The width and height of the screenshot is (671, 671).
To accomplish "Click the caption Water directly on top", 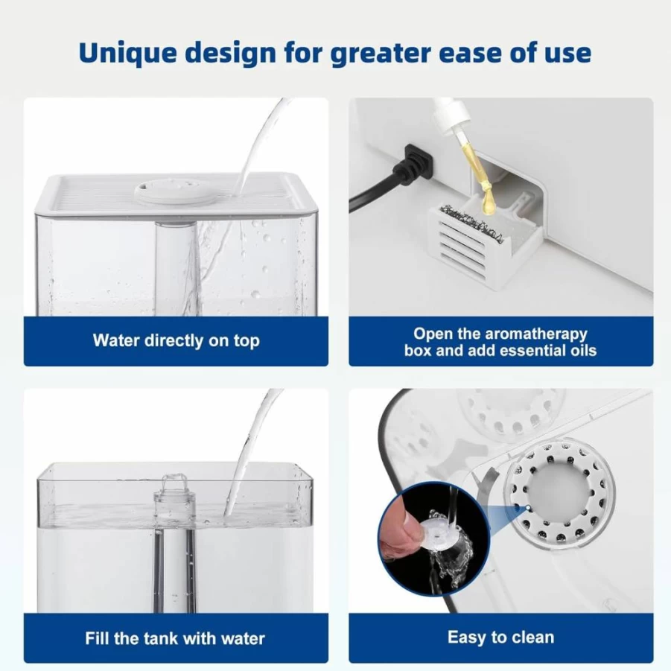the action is coord(176,341).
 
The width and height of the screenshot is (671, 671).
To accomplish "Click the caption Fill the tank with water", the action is coord(175,638).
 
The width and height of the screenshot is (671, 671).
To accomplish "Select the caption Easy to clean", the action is coord(500,637).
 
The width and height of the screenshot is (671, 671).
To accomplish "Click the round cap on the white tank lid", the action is coord(176,191).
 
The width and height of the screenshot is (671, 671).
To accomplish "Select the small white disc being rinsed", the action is coord(440,532).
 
